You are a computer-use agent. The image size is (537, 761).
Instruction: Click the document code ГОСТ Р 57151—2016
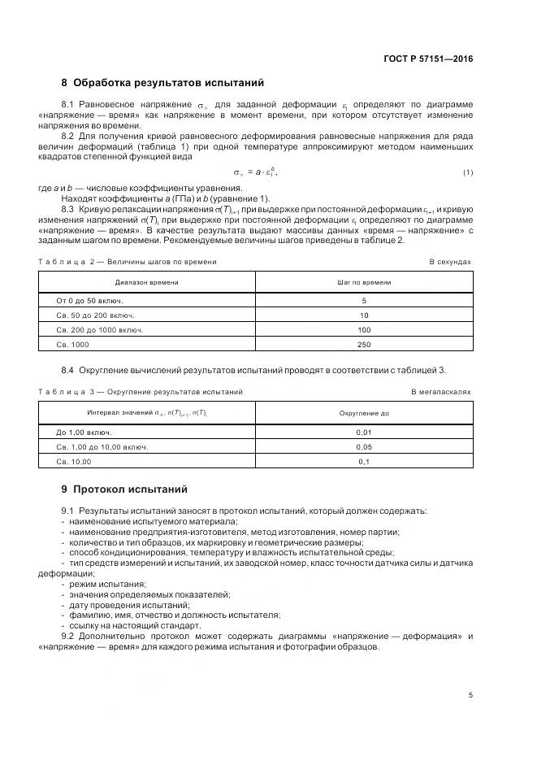click(427, 59)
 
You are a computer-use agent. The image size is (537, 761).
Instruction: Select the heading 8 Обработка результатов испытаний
click(162, 83)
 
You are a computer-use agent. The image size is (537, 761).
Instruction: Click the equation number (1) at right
click(468, 173)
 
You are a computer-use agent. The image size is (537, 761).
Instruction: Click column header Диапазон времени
click(147, 282)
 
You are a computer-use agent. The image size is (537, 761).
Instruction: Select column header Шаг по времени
click(364, 282)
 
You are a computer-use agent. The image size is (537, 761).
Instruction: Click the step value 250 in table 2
click(364, 344)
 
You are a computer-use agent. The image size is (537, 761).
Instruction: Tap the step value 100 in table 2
click(364, 329)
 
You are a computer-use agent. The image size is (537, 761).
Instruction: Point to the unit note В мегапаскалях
click(441, 392)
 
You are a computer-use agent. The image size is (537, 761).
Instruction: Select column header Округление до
click(364, 413)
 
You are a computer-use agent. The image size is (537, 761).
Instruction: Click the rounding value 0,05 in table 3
click(364, 446)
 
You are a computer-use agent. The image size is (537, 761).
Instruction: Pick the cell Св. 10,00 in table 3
click(74, 461)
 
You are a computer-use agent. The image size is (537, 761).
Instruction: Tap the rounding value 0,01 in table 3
click(364, 432)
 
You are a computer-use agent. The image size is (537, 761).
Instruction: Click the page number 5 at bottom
click(470, 694)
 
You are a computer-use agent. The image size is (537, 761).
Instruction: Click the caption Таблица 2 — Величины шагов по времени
click(128, 262)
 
